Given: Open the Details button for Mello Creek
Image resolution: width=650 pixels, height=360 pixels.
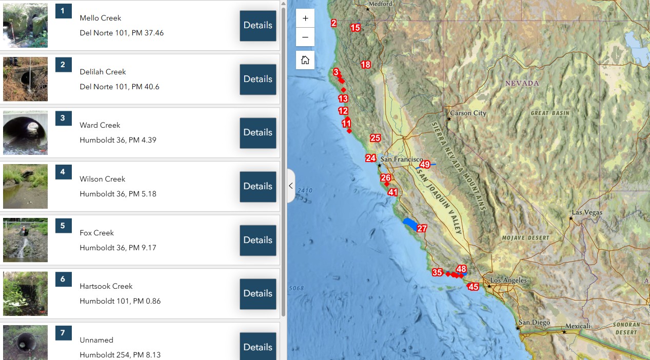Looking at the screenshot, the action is pos(258,26).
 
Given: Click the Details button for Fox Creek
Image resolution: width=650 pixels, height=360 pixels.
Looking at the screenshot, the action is pos(258,240).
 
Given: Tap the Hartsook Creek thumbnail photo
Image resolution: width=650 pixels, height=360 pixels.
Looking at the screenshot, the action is pos(25,293).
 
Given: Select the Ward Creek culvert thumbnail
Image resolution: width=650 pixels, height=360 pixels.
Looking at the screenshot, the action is pos(25,132).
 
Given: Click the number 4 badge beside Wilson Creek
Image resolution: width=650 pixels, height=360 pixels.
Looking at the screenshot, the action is pos(63,172).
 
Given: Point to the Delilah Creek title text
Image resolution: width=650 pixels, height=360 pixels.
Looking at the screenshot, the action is pos(103,72).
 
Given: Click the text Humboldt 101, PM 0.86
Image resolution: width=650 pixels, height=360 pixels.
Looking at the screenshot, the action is pos(120,301).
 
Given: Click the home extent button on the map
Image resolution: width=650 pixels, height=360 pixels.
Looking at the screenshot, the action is pos(305,60).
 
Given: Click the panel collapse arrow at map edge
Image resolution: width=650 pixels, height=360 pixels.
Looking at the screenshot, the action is pos(291,186).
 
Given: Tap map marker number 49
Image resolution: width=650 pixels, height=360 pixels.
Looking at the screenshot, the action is pos(425,165).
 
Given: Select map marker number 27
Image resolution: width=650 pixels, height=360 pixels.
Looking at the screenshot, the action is pos(422,228).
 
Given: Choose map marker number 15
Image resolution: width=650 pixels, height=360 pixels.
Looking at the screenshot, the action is pos(355,28).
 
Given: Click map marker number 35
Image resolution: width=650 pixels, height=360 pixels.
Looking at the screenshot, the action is pos(437,272).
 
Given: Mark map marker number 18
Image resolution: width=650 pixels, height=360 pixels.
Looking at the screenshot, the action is pos(365,65).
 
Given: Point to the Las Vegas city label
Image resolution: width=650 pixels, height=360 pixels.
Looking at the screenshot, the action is pos(587,212).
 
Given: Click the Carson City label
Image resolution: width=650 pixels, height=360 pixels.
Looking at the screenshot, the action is pos(468,113).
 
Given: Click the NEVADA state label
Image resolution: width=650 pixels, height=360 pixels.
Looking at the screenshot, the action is pos(522,83).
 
